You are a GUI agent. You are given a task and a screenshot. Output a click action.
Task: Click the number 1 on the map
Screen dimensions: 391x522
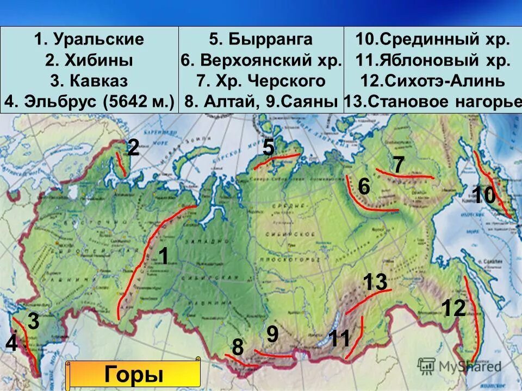(163, 256)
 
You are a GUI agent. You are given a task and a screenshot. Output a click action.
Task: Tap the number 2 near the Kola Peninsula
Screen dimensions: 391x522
(134, 148)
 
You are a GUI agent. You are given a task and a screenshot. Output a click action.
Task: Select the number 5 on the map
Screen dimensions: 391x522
(268, 148)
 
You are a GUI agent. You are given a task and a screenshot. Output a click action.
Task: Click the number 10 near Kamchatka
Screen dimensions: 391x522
(483, 195)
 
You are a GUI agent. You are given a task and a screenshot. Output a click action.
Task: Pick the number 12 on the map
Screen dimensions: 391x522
(453, 308)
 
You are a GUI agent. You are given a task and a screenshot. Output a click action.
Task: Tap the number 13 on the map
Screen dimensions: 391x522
(375, 282)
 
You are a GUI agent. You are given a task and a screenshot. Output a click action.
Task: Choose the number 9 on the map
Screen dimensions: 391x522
(272, 334)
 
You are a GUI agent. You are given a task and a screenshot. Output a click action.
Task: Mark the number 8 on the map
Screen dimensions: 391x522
(238, 348)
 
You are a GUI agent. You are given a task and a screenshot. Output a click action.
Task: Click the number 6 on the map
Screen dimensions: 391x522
(364, 187)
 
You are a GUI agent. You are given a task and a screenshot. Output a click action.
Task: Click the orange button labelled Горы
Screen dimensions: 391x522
(133, 375)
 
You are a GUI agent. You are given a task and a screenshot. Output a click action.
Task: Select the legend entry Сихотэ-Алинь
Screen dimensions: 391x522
(433, 81)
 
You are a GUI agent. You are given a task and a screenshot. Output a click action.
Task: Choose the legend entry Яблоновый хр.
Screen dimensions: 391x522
(433, 60)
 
